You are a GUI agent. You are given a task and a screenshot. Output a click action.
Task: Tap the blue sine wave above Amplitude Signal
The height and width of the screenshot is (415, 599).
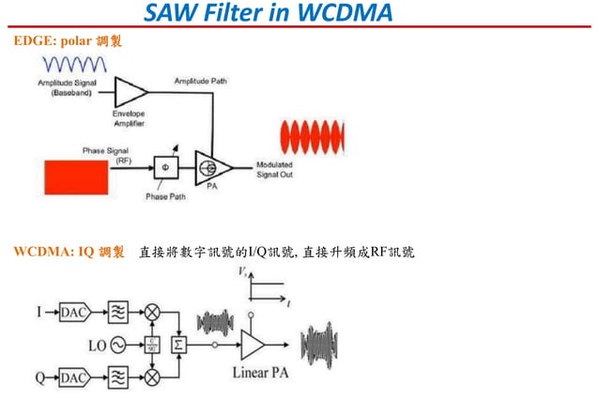(x=77, y=64)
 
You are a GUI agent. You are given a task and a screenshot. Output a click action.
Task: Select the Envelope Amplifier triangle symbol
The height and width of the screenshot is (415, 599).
(x=130, y=92)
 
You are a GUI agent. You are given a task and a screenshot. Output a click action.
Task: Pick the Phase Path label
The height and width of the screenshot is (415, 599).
(x=164, y=196)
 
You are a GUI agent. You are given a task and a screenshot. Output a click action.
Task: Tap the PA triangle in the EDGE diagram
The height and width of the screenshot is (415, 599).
(x=211, y=168)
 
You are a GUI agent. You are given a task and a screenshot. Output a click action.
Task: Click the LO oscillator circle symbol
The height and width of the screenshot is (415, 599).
(x=120, y=346)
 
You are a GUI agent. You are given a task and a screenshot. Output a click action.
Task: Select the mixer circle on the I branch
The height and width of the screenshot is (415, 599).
(x=150, y=311)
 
